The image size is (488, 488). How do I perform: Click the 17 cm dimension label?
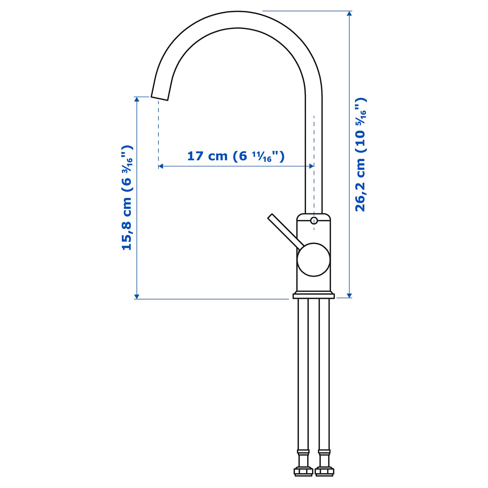(x=236, y=156)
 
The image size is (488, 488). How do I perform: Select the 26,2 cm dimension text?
(x=360, y=155)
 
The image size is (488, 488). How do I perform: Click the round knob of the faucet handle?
(x=314, y=259)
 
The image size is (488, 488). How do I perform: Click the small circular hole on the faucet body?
(x=314, y=221)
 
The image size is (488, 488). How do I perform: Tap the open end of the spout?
(x=159, y=98)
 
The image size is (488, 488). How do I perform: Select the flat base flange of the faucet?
(x=314, y=296)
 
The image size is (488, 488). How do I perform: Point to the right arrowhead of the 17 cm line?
(x=312, y=166)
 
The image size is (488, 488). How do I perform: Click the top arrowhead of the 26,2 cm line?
(x=349, y=13)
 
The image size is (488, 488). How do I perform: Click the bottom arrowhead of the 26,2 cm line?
(x=349, y=295)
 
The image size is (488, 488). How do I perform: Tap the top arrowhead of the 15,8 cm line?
(x=137, y=99)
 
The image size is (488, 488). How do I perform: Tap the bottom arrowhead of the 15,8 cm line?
(x=137, y=297)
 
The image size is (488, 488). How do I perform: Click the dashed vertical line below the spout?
(x=158, y=131)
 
